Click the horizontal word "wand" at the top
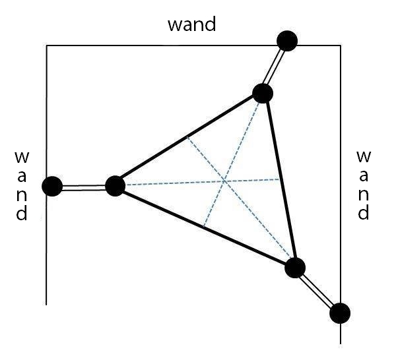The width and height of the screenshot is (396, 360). (x=192, y=25)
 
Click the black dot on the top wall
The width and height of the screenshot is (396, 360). (x=287, y=41)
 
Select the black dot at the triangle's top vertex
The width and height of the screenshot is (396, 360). (x=263, y=93)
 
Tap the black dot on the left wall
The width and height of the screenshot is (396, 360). (x=52, y=187)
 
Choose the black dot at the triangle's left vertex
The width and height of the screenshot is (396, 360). (x=115, y=186)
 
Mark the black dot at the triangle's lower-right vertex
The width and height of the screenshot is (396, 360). (x=295, y=268)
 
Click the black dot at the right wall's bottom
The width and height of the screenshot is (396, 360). (x=339, y=313)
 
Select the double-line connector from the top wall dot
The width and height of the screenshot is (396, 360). (x=275, y=67)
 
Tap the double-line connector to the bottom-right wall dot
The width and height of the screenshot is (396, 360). (x=317, y=290)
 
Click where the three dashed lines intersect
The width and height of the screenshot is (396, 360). (x=224, y=181)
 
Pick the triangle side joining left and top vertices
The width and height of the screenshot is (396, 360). (x=189, y=139)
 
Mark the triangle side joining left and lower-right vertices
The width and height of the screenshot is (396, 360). (x=205, y=227)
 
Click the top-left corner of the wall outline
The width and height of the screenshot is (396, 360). (x=46, y=45)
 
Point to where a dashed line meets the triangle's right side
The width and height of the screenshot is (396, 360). (x=281, y=178)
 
